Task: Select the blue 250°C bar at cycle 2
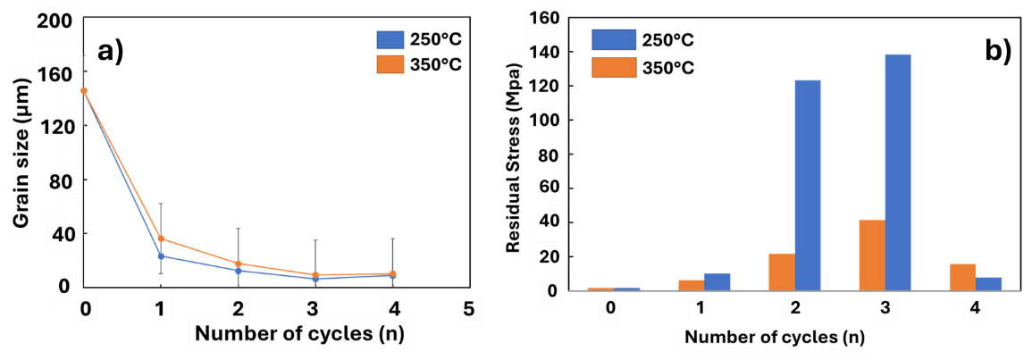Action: pos(808,184)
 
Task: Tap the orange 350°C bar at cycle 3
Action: pos(871,254)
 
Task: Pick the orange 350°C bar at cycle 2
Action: pos(781,271)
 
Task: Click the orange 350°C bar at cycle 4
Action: pos(962,276)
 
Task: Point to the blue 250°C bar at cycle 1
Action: pos(717,280)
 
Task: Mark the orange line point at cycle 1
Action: pos(161,239)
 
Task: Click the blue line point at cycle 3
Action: pos(314,279)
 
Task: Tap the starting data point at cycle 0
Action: pos(84,90)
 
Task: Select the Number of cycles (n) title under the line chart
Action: pos(304,335)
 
